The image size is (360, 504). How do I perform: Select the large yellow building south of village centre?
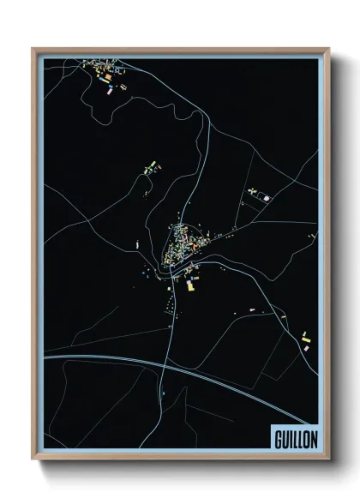tap(190, 288)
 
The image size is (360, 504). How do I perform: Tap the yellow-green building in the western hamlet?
tap(150, 163)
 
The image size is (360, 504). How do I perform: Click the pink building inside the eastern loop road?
tap(267, 197)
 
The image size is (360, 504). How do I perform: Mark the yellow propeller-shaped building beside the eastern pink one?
tap(254, 190)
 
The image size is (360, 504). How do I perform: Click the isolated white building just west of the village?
tap(136, 245)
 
